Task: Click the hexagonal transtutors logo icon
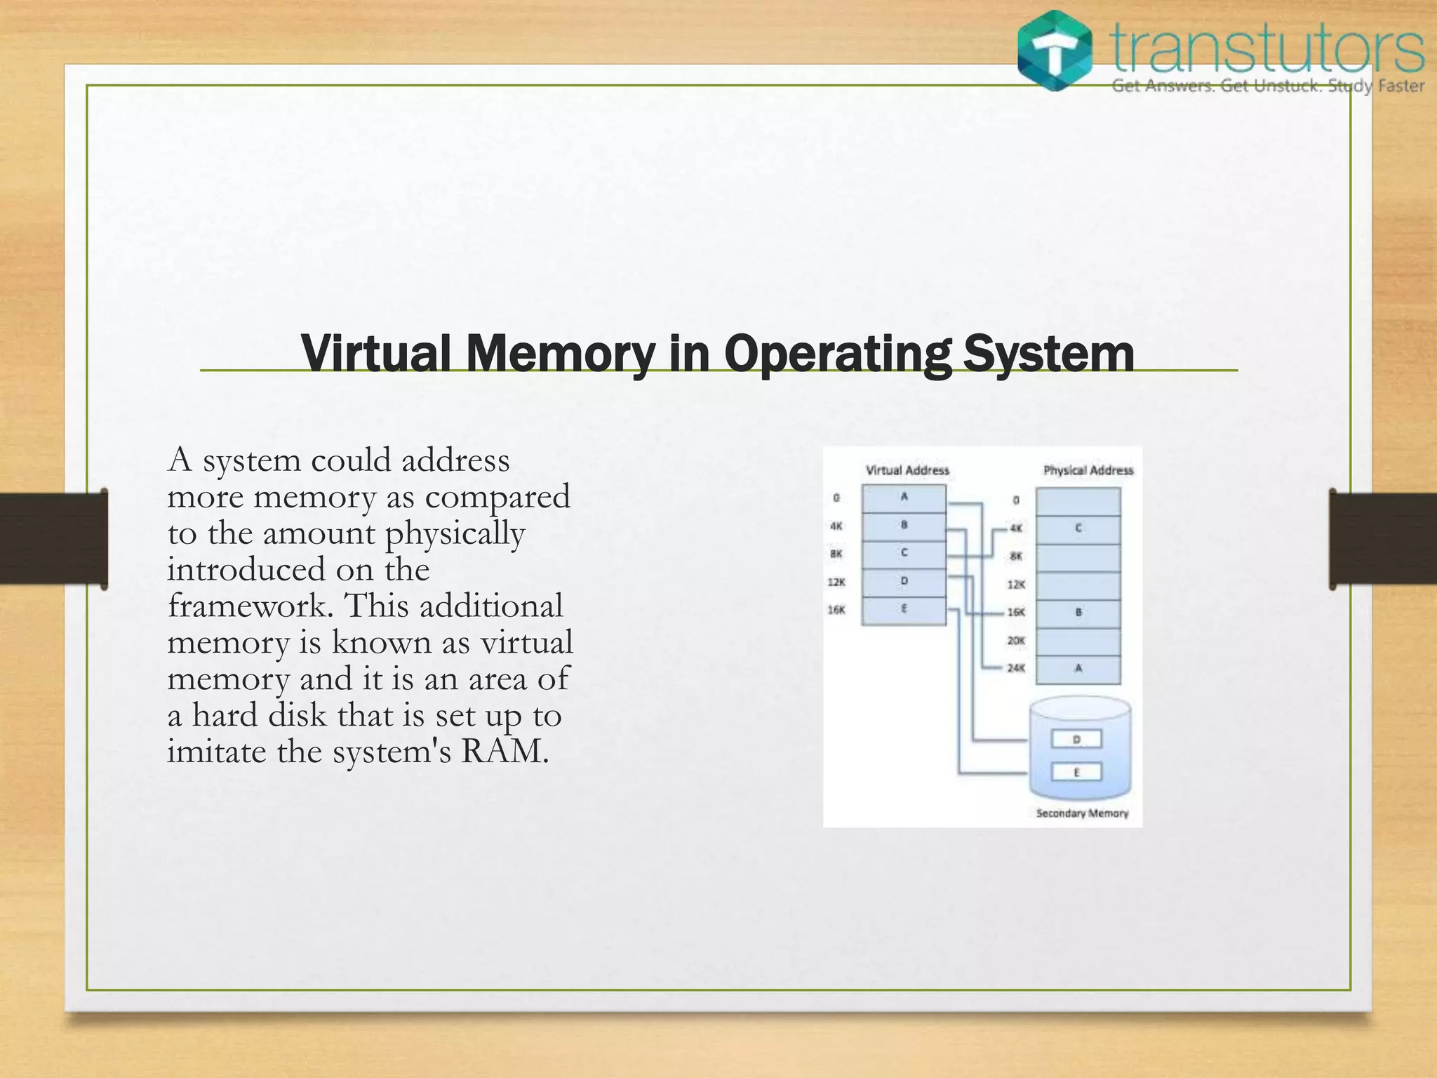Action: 1055,51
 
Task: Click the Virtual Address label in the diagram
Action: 907,470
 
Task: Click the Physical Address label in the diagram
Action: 1088,470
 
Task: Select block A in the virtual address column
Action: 904,498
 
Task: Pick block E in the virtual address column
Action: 904,610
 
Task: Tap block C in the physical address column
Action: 1078,528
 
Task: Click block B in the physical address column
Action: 1078,613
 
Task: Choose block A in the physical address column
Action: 1078,669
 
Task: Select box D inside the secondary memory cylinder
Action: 1076,739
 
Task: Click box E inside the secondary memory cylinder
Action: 1076,773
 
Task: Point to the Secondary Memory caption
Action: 1082,813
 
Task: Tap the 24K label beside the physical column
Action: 1016,668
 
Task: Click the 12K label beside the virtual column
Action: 836,583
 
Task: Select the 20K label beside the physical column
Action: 1016,641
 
